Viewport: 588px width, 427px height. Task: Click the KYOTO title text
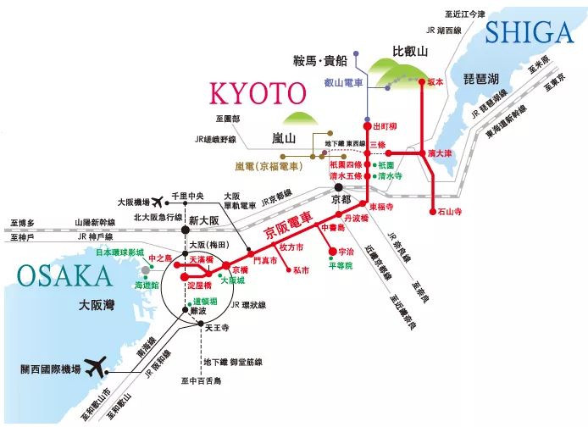pos(257,93)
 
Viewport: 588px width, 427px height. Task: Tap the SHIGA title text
pos(530,31)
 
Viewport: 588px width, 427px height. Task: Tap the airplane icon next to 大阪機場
pos(157,202)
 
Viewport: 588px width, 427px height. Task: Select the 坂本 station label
pos(435,81)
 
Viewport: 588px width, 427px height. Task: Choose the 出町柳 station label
pos(384,125)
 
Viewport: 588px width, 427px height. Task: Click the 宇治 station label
pos(345,252)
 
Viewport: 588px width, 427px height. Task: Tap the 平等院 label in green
pos(340,265)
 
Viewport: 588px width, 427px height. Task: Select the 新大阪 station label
pos(204,219)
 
